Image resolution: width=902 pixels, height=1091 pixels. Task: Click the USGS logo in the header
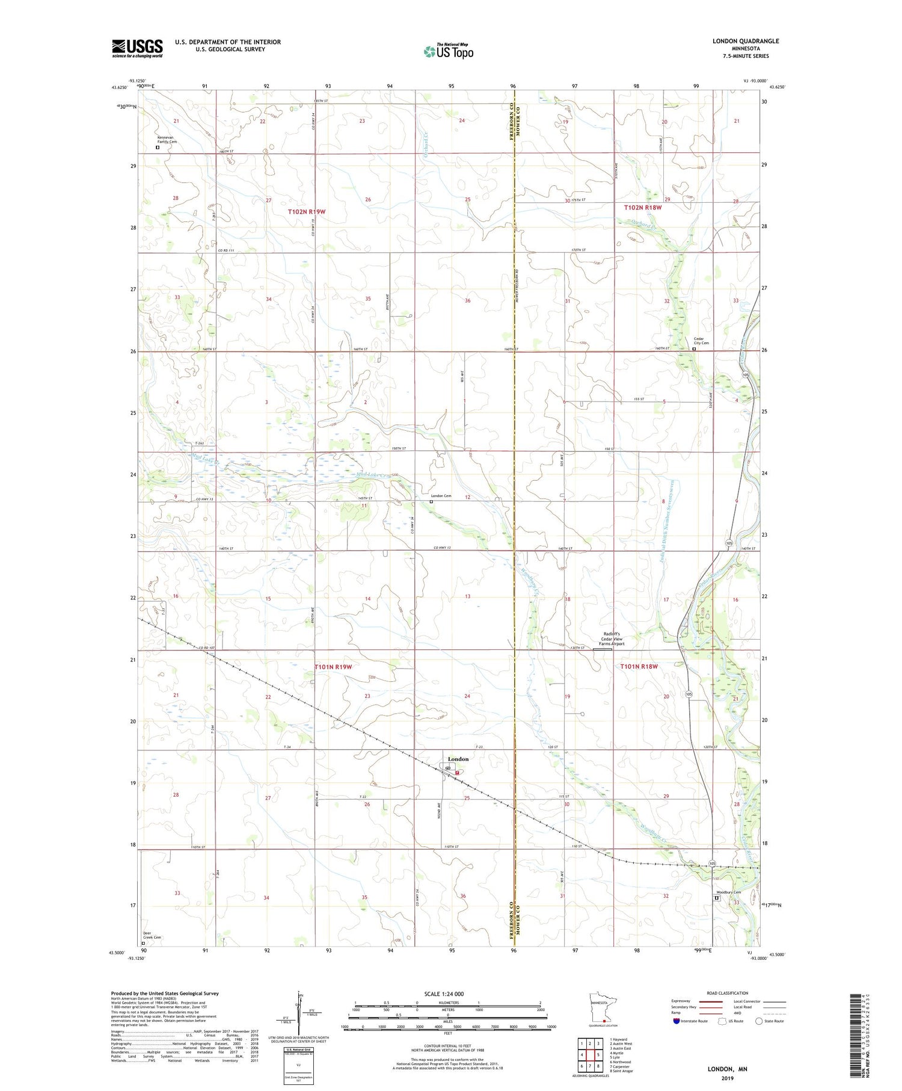click(x=137, y=48)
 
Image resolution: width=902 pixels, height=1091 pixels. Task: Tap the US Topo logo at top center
click(x=448, y=51)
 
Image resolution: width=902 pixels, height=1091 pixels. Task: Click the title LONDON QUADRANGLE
click(x=745, y=41)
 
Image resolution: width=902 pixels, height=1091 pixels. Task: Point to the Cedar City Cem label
click(x=701, y=341)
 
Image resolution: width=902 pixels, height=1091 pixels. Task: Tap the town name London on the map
click(x=458, y=759)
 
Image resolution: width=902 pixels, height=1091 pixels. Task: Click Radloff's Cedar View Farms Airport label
click(x=612, y=638)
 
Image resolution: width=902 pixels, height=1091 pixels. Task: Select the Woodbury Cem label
click(x=728, y=892)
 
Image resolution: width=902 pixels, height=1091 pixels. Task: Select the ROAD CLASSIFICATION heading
click(x=728, y=993)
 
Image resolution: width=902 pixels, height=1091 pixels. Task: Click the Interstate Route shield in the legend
click(x=677, y=1021)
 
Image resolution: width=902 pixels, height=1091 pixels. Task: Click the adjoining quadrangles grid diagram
click(x=590, y=1055)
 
